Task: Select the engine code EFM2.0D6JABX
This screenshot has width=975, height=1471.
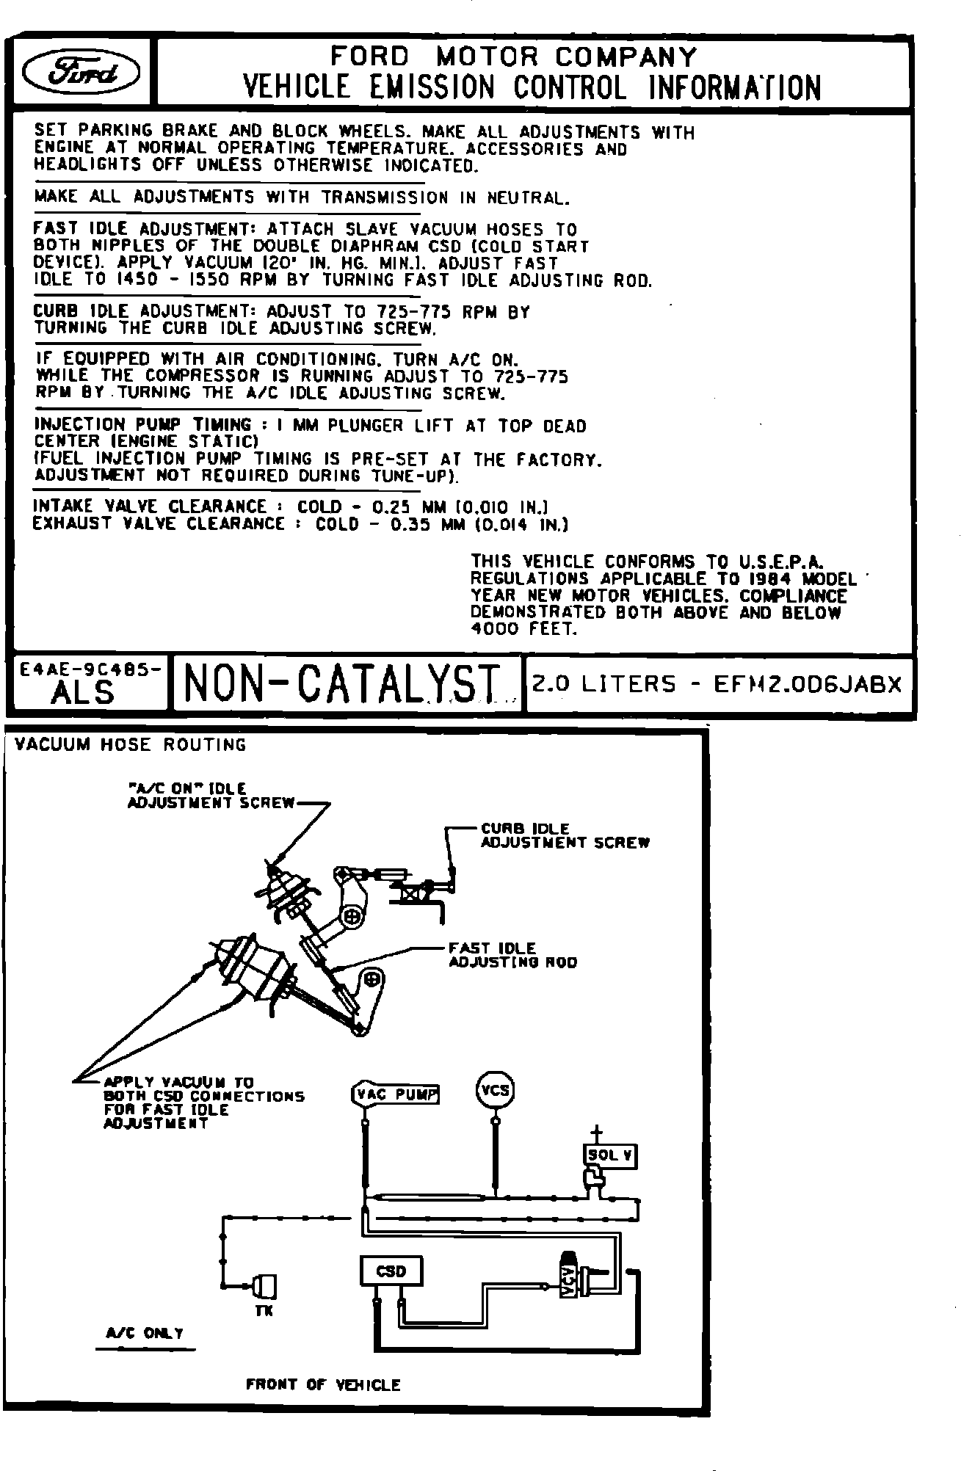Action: [x=808, y=684]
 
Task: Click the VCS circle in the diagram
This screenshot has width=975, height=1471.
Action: [x=496, y=1091]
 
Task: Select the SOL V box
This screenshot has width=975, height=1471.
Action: [x=610, y=1155]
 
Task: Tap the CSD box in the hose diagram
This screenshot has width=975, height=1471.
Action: [x=391, y=1271]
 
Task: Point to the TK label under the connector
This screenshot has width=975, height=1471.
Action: [x=264, y=1311]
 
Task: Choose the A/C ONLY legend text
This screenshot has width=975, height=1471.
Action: [x=145, y=1333]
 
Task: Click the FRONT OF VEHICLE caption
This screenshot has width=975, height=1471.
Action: [x=323, y=1385]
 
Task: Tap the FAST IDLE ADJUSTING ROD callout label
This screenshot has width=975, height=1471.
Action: [x=512, y=955]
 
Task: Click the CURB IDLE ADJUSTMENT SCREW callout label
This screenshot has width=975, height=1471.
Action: [x=565, y=835]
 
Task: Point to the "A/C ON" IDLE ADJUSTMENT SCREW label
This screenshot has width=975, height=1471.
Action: [x=211, y=796]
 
